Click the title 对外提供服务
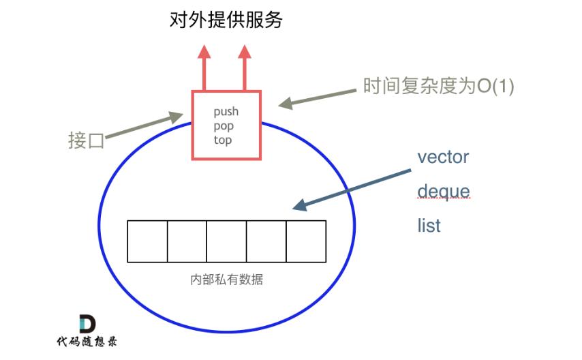click(x=226, y=20)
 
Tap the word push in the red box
click(x=226, y=112)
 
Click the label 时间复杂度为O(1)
click(x=438, y=87)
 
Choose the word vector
click(x=443, y=157)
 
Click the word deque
click(x=443, y=192)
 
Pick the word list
click(x=429, y=226)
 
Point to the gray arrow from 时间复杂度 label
click(x=320, y=97)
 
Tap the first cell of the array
click(x=147, y=241)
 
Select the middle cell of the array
click(x=226, y=241)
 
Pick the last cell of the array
click(x=305, y=241)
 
